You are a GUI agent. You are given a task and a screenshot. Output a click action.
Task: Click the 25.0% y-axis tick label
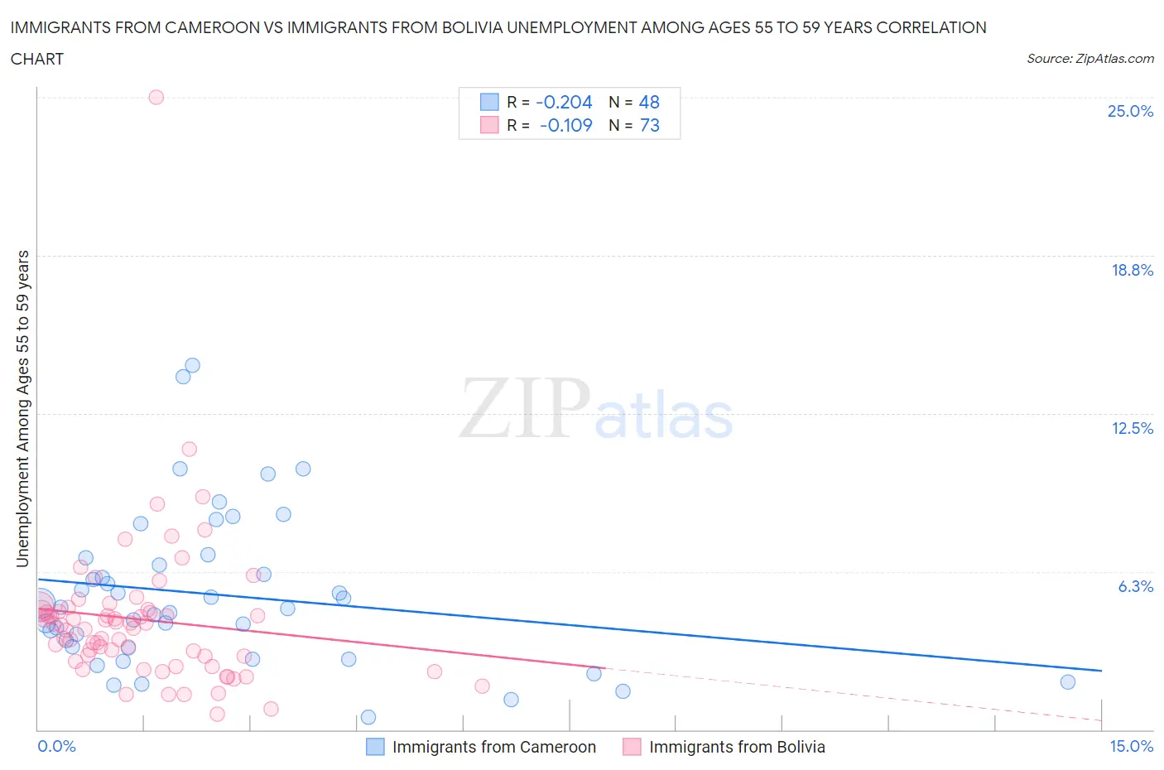pos(1130,112)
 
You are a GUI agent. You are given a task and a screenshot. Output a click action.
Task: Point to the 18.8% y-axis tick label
pos(1132,270)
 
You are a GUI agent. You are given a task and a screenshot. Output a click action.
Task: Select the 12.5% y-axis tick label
pos(1132,428)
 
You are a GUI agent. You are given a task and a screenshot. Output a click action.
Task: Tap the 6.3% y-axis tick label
pos(1135,586)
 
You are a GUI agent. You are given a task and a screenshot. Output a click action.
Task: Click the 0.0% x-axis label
pos(56,746)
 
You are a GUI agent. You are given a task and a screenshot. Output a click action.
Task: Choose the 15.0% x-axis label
pos(1131,746)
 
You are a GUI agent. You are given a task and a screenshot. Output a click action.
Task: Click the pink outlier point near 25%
pos(156,97)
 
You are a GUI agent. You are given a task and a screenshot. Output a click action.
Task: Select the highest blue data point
pos(192,365)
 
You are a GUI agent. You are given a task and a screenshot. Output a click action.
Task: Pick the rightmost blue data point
pos(1067,682)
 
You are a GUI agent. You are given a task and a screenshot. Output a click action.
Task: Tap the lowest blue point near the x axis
pos(368,717)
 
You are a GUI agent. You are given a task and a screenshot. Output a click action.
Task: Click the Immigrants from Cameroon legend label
pos(493,747)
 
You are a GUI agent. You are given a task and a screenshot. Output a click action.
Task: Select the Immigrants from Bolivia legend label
pos(737,747)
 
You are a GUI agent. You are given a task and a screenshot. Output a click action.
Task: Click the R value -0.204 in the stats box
pos(564,102)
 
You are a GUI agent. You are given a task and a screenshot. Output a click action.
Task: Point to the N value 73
pos(649,125)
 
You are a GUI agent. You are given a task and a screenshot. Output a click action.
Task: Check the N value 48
pos(649,102)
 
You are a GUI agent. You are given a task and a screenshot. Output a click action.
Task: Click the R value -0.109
pos(565,125)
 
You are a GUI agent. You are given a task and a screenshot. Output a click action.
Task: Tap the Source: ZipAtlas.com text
pos(1089,58)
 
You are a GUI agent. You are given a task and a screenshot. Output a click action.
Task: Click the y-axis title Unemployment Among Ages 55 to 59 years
pos(22,408)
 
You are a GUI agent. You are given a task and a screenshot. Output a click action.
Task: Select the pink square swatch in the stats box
pos(489,125)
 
